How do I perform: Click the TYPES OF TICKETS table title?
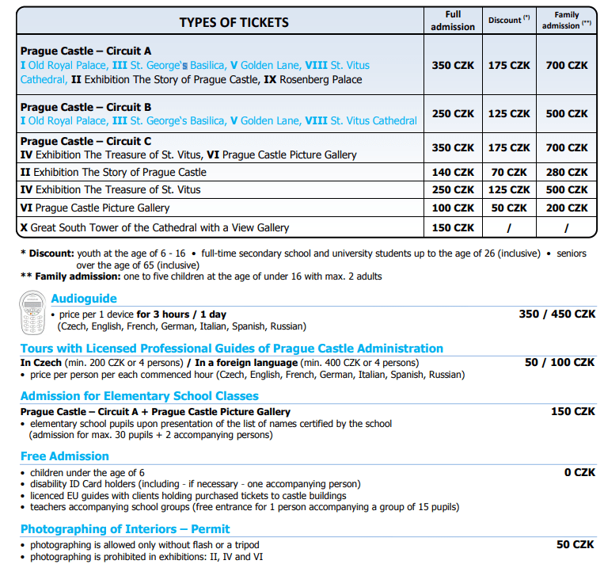coord(234,22)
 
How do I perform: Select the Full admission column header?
coord(453,21)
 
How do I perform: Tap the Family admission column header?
coord(566,21)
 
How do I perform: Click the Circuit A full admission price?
coord(453,66)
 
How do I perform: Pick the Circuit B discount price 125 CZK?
coord(509,113)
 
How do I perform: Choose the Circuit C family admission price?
coord(567,147)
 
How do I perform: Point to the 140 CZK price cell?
coord(453,172)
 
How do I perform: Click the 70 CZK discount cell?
coord(509,172)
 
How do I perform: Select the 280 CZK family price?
coord(567,172)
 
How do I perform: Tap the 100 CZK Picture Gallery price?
coord(453,208)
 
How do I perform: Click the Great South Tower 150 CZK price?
coord(453,227)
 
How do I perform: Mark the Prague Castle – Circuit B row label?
coord(86,107)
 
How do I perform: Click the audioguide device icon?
coord(32,313)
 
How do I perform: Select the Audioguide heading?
coord(84,299)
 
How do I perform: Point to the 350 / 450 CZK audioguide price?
coord(557,314)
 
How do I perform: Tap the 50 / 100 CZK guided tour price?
coord(559,362)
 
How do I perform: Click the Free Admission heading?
coord(65,456)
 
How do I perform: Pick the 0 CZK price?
coord(579,472)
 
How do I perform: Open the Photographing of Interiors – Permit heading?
coord(125,529)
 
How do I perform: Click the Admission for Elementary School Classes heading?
coord(139,396)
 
